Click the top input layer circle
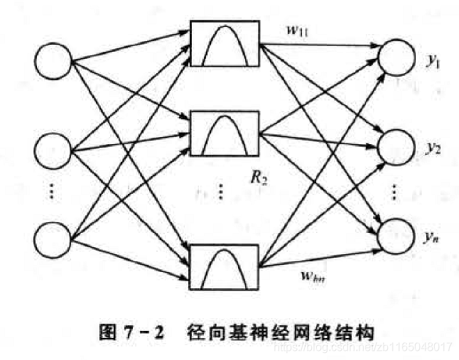52,62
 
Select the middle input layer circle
52,150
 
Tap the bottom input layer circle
52,237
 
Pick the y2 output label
433,148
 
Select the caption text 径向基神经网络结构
281,330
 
